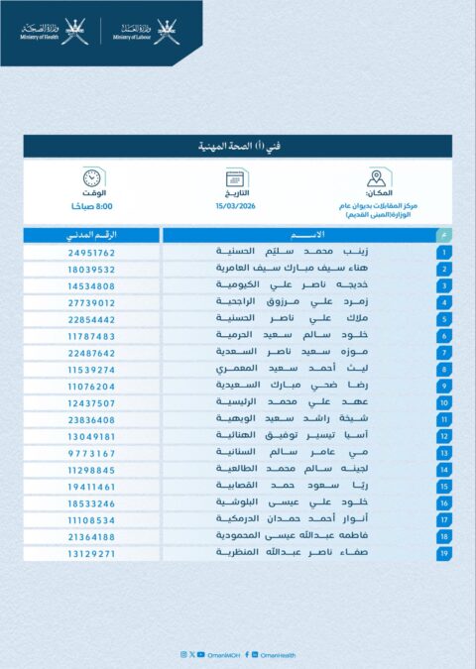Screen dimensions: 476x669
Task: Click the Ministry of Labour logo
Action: (143, 33)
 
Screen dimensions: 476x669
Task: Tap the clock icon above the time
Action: (92, 178)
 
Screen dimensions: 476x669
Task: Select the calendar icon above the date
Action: (236, 178)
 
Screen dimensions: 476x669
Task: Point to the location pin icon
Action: (376, 178)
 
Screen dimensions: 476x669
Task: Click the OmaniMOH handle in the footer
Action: (219, 654)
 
